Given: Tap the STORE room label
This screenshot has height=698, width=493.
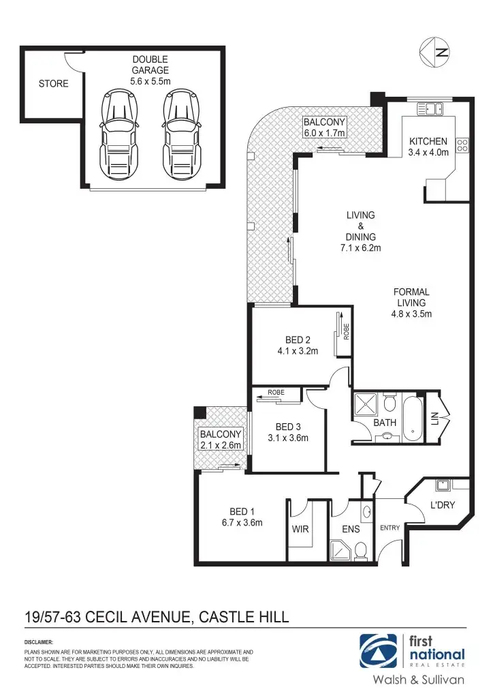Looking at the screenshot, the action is (x=54, y=84).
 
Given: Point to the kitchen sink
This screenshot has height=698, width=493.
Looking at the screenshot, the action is (x=430, y=108).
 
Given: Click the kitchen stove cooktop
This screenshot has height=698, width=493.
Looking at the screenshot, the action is (x=462, y=145).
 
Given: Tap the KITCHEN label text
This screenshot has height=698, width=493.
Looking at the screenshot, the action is (x=428, y=142).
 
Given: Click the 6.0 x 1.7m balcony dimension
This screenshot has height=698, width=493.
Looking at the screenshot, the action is (x=325, y=133).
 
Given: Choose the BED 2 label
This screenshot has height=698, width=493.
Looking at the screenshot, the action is (x=298, y=340).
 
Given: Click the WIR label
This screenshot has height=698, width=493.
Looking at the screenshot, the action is (x=301, y=529).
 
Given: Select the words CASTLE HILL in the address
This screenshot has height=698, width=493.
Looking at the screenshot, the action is (x=243, y=618).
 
